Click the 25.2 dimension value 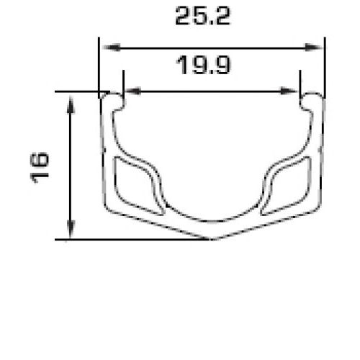(203, 16)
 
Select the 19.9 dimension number (204, 65)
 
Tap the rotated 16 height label (40, 168)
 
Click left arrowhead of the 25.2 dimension (112, 48)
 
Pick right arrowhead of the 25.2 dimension (313, 48)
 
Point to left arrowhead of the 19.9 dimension (132, 91)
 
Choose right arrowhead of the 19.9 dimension (289, 91)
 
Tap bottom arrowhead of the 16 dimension (71, 229)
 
